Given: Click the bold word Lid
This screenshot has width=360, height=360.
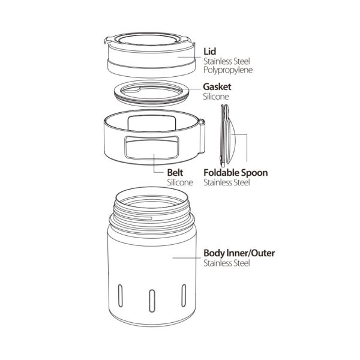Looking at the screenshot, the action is (x=209, y=52).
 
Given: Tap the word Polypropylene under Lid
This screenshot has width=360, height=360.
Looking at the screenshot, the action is (x=228, y=70).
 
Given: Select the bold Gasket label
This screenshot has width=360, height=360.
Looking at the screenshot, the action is (x=217, y=87).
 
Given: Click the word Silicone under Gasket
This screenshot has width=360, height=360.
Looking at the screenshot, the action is (x=216, y=97).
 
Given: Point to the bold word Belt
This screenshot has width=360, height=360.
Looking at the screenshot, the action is (x=175, y=173).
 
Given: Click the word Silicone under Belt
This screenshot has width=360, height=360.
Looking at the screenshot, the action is (x=180, y=182).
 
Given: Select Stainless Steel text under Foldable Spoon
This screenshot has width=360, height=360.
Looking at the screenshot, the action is (x=227, y=182).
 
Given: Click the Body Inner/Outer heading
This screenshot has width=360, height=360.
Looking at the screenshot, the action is (x=239, y=253).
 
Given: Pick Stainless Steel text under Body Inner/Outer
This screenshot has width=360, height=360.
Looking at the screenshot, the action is (x=227, y=263).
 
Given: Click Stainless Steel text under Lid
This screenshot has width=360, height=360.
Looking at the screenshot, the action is (x=227, y=61).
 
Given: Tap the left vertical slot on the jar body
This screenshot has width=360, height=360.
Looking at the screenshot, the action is (x=121, y=296).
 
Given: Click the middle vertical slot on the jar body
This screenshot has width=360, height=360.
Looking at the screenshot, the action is (x=152, y=301).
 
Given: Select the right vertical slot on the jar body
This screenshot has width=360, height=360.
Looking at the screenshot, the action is (x=184, y=295).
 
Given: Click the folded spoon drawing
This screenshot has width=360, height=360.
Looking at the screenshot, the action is (x=227, y=136).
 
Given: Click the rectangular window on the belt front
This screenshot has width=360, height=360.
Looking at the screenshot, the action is (x=152, y=148).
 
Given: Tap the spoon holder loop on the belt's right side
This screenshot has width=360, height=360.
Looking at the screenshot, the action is (x=202, y=136).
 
